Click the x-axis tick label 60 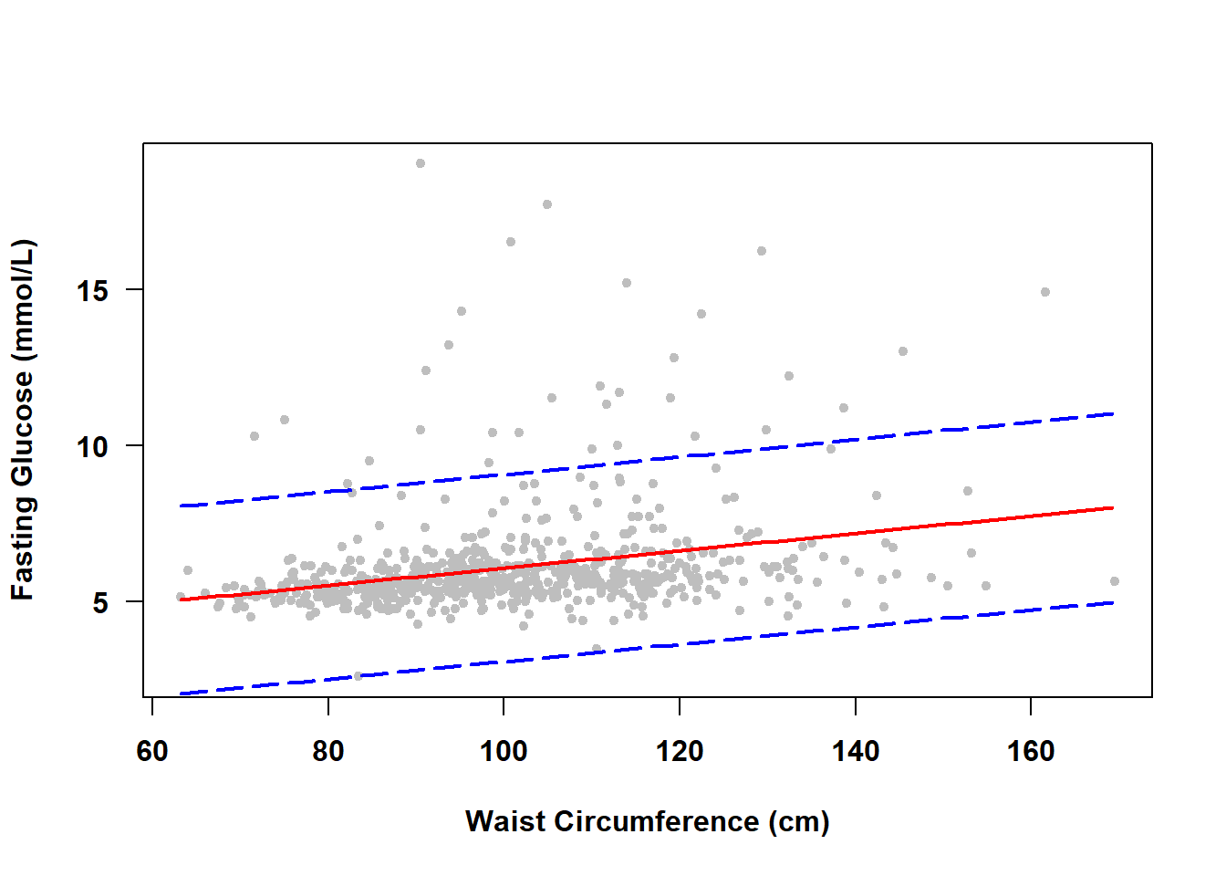pyautogui.click(x=152, y=751)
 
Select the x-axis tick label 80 pyautogui.click(x=327, y=751)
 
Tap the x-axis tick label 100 pyautogui.click(x=504, y=751)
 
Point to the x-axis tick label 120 pyautogui.click(x=680, y=751)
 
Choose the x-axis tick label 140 pyautogui.click(x=856, y=751)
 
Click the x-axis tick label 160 pyautogui.click(x=1031, y=751)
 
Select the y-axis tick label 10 pyautogui.click(x=92, y=446)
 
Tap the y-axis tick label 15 pyautogui.click(x=92, y=290)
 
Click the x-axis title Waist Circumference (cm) pyautogui.click(x=647, y=821)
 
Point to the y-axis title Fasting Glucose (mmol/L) pyautogui.click(x=22, y=420)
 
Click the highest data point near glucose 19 pyautogui.click(x=421, y=163)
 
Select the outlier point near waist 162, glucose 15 pyautogui.click(x=1045, y=292)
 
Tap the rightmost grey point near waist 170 pyautogui.click(x=1114, y=581)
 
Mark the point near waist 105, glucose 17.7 pyautogui.click(x=547, y=204)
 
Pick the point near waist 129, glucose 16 pyautogui.click(x=762, y=251)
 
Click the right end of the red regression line pyautogui.click(x=1113, y=507)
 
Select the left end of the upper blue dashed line pyautogui.click(x=182, y=506)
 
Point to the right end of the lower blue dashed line pyautogui.click(x=1113, y=602)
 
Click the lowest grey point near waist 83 pyautogui.click(x=358, y=676)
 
